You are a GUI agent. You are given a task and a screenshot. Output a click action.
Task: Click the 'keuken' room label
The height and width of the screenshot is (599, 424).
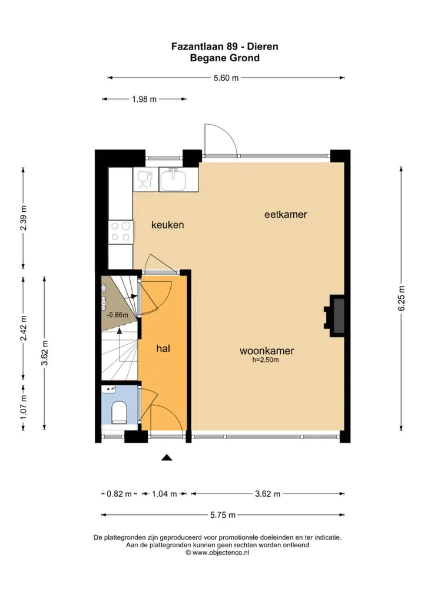[x=167, y=225]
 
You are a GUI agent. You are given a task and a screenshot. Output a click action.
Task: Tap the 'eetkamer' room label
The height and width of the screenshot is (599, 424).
[x=286, y=214]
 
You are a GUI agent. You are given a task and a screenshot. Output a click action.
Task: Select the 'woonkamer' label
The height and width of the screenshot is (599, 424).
[x=267, y=351]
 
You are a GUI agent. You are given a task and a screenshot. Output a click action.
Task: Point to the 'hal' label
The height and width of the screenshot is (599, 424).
[x=163, y=348]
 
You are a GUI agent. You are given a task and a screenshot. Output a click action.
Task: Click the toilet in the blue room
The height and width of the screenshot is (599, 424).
[x=119, y=412]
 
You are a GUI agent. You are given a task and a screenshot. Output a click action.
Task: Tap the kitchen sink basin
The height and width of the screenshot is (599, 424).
[x=173, y=179]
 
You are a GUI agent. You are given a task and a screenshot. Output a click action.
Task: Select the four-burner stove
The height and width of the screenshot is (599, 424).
[x=121, y=231]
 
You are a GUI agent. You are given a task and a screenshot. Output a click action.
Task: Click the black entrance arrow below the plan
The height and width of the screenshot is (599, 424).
[x=166, y=457]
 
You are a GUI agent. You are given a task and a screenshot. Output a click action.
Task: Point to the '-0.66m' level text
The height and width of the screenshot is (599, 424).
[x=117, y=315]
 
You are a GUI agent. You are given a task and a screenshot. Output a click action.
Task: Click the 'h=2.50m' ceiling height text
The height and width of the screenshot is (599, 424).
[x=266, y=360]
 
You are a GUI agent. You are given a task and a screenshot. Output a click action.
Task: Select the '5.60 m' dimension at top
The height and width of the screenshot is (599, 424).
[x=226, y=78]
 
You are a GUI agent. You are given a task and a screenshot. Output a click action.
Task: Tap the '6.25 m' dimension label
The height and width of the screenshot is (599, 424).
[x=402, y=298]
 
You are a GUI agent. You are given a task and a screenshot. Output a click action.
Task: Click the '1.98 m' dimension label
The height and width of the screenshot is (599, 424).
[x=144, y=99]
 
